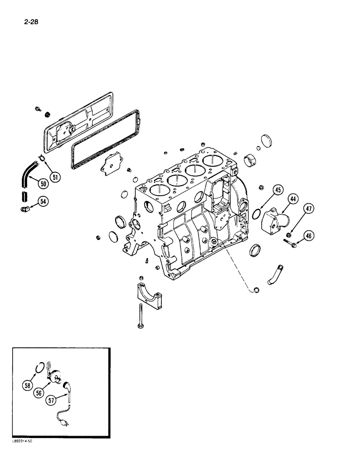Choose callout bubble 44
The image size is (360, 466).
point(293,200)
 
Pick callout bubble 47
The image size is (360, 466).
point(309,210)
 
